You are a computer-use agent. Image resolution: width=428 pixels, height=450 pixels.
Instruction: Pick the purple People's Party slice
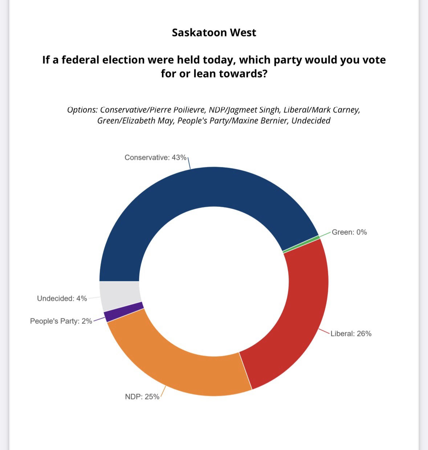tap(123, 312)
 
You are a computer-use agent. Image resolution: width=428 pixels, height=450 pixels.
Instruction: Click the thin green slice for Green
tap(301, 244)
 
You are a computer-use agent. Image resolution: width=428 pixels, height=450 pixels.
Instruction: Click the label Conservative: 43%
tap(155, 157)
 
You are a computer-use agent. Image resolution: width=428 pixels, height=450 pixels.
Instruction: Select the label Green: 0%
tap(349, 232)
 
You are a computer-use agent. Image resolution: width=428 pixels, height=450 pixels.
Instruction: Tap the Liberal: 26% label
tap(351, 334)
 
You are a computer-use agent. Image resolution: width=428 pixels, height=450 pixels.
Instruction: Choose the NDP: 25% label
tap(142, 397)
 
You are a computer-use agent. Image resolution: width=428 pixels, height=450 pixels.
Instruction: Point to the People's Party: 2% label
tap(61, 321)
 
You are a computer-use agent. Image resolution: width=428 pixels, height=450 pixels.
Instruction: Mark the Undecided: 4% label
tap(62, 298)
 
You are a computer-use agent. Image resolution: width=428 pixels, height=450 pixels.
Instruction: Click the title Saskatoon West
tap(214, 33)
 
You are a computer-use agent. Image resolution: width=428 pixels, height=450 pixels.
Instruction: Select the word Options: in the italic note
tap(82, 110)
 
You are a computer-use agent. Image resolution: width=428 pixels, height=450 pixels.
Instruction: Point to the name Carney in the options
tap(346, 110)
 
